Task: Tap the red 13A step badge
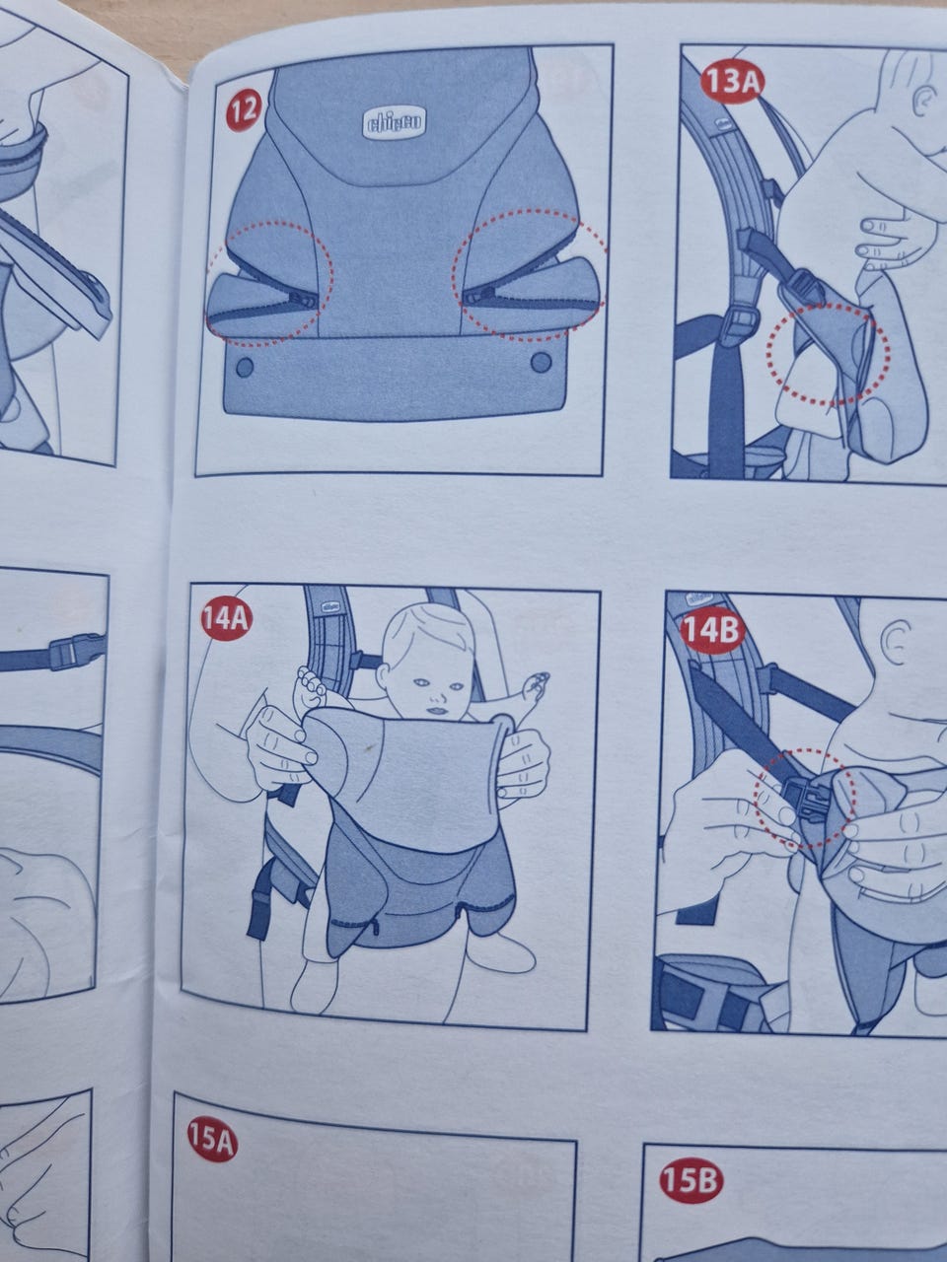point(731,83)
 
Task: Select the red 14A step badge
point(226,620)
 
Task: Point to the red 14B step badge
point(711,631)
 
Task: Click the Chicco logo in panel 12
point(395,122)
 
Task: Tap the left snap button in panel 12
point(245,367)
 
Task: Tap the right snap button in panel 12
point(541,362)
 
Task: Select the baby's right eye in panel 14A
point(424,682)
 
